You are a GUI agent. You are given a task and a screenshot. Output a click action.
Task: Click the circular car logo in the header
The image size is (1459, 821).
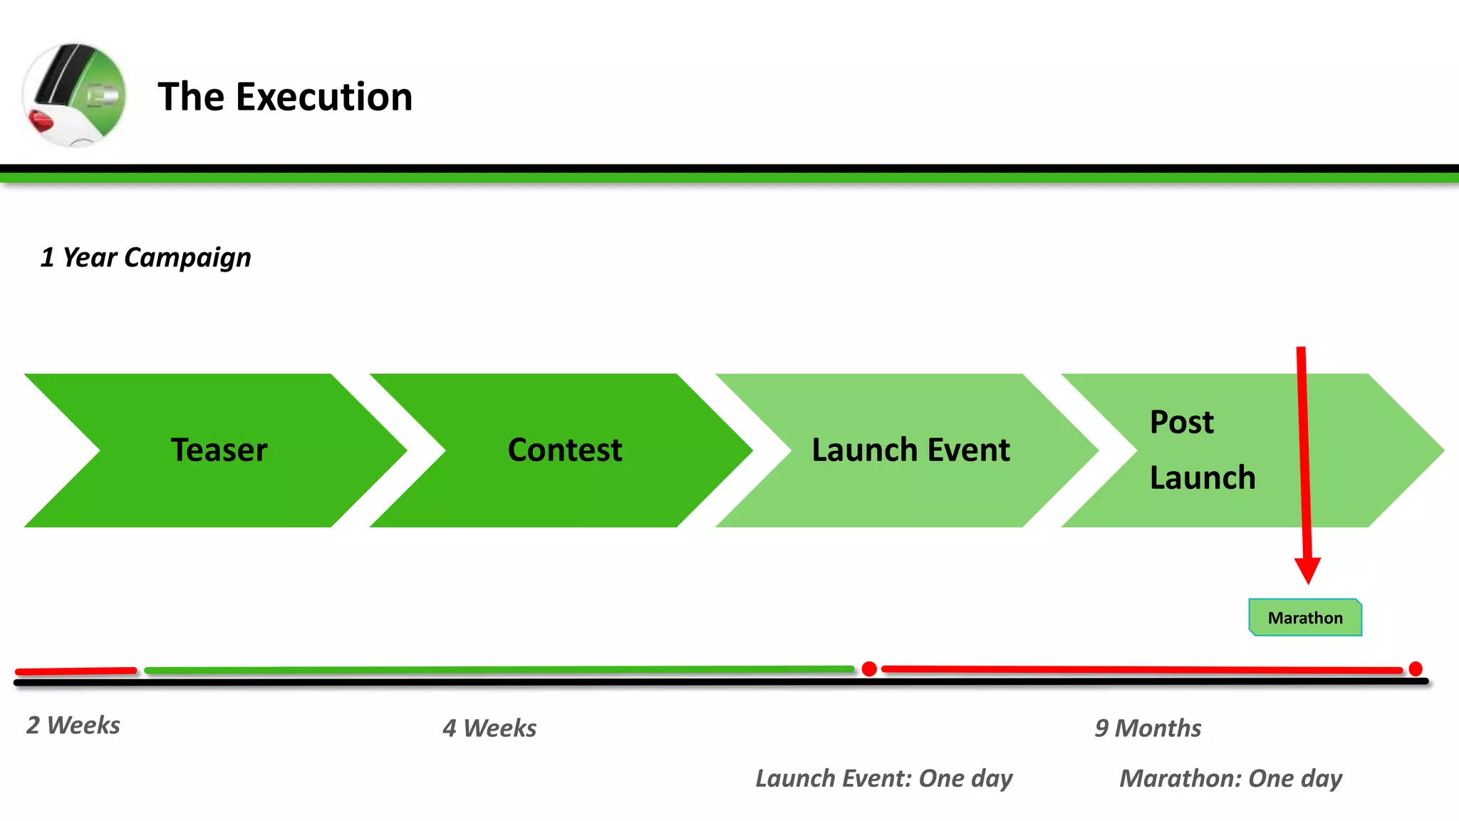74,95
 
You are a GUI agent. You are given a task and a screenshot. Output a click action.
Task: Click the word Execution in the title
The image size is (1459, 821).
324,97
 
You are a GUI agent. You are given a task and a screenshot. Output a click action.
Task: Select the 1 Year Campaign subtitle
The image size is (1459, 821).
145,257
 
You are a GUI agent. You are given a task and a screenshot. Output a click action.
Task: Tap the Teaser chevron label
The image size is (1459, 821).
219,450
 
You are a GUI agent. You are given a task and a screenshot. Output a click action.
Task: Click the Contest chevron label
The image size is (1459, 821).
564,450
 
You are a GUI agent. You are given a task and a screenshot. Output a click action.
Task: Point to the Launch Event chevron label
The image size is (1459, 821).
910,450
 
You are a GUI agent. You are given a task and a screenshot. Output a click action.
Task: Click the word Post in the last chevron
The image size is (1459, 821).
1181,422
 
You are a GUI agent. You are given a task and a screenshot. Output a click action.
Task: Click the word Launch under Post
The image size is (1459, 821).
1202,477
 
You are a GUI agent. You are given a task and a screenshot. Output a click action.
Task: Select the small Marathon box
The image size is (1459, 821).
1305,618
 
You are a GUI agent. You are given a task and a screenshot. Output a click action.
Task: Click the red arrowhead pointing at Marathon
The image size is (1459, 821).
1307,570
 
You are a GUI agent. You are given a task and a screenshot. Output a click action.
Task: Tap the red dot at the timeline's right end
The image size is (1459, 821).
1416,668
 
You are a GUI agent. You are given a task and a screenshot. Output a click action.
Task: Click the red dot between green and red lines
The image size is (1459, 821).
869,668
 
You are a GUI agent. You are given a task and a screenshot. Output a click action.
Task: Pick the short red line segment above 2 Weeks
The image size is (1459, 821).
76,671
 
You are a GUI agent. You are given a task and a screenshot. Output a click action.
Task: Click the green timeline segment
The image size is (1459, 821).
499,670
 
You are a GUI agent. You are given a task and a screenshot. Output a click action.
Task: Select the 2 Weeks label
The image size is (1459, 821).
73,726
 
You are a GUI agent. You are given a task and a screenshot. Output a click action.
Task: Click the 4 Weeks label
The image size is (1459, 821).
489,728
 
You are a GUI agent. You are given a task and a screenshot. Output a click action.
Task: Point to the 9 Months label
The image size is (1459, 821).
1148,728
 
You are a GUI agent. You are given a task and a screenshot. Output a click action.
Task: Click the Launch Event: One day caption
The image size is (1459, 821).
883,778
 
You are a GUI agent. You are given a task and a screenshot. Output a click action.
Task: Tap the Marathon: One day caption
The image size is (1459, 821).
1230,778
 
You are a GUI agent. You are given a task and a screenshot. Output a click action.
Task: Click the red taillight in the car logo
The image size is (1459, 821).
41,122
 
